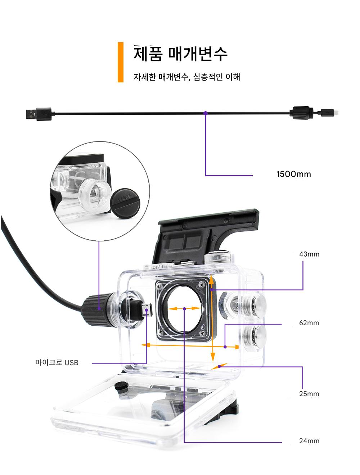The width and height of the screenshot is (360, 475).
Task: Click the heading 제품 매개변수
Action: pos(180,54)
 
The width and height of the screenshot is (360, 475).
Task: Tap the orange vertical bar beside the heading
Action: pos(121,62)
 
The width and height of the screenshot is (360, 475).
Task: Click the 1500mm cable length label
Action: pos(293,175)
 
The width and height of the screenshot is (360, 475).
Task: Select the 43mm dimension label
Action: pos(309,254)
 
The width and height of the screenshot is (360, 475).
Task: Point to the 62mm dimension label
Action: pos(309,323)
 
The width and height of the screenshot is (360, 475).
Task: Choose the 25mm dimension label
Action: pos(309,394)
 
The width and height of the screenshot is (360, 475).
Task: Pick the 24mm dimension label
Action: pos(309,441)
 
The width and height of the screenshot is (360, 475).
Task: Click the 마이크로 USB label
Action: pos(57,362)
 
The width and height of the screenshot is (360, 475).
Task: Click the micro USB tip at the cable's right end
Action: pos(329,112)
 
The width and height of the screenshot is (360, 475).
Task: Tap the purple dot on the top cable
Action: pos(206,113)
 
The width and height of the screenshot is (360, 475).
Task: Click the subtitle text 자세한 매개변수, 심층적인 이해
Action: pos(186,77)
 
